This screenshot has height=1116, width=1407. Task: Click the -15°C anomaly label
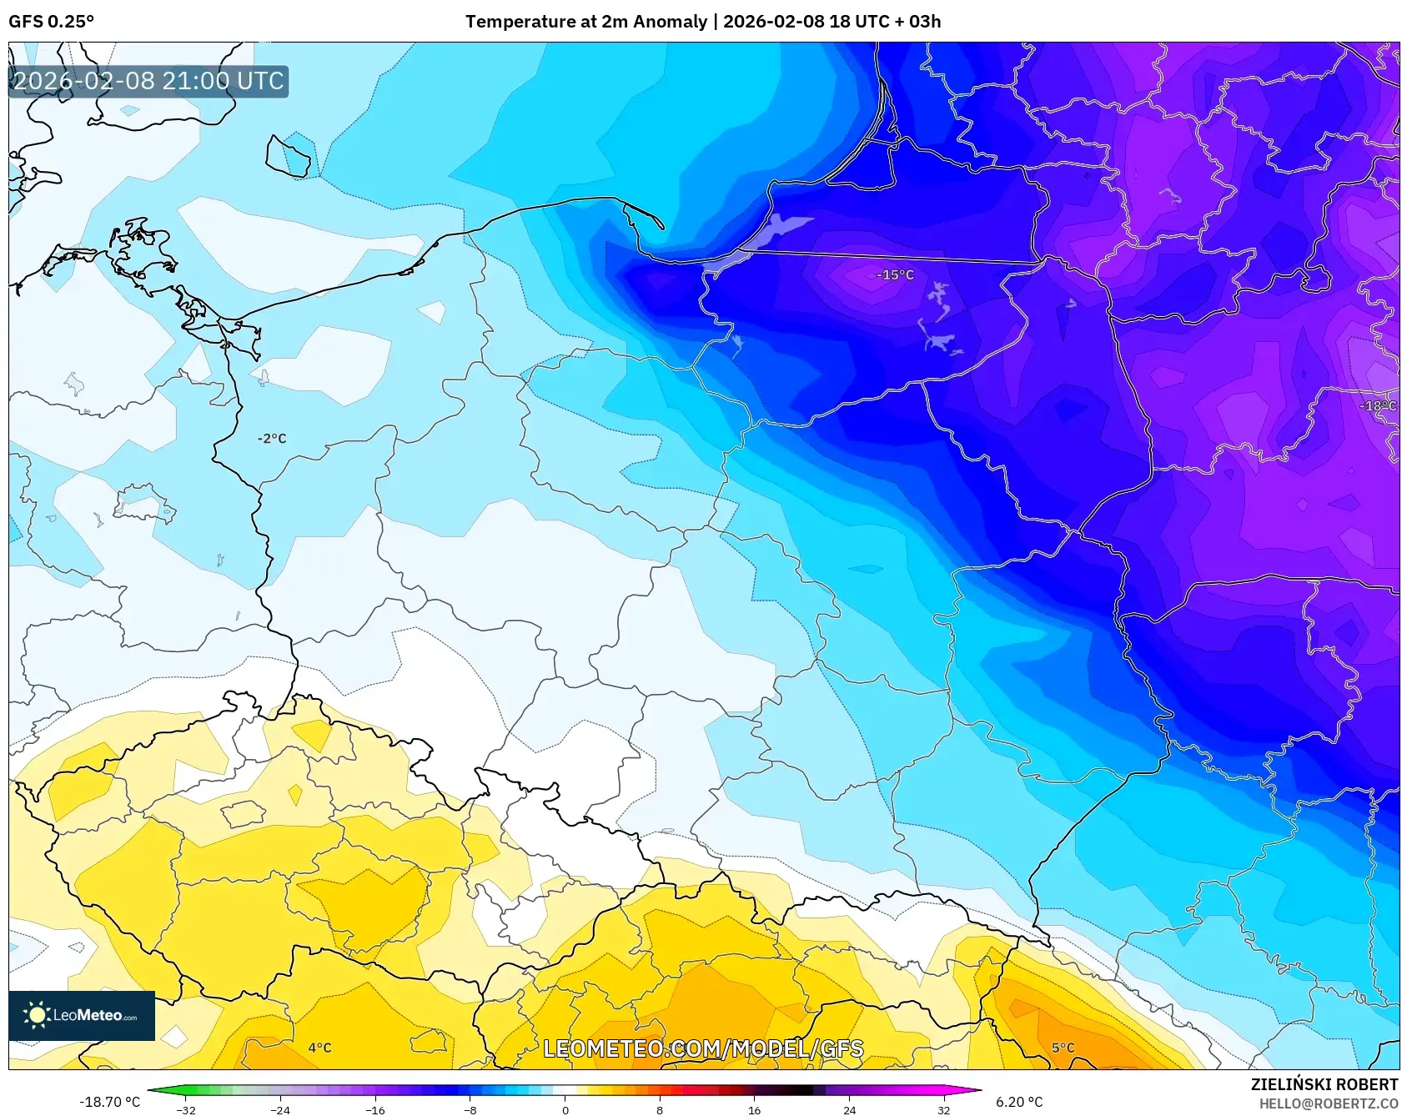click(895, 274)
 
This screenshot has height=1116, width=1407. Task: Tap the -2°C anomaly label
click(272, 438)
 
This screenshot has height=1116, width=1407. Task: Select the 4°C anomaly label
click(319, 1048)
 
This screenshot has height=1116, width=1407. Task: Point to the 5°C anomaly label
click(1063, 1048)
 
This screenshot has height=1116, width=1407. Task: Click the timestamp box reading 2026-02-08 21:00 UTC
click(148, 81)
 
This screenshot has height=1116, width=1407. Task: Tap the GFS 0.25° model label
click(51, 22)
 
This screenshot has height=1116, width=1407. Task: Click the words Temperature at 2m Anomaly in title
click(585, 22)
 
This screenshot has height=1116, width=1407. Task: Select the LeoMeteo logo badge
click(82, 1015)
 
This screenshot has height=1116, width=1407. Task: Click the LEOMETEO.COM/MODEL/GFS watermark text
click(703, 1048)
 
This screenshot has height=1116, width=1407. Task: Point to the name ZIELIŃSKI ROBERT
click(1324, 1084)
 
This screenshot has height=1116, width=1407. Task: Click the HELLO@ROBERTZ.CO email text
click(1328, 1103)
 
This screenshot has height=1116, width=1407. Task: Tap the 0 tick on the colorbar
click(565, 1109)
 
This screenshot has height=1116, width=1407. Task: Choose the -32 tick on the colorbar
click(186, 1109)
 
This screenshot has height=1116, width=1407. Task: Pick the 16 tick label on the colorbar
click(754, 1109)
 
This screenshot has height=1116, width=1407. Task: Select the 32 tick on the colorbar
click(943, 1109)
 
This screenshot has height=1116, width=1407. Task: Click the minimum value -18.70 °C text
click(109, 1102)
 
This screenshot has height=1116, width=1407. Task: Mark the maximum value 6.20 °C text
click(1019, 1102)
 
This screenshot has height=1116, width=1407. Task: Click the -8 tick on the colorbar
click(470, 1109)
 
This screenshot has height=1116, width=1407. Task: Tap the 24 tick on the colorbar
click(849, 1109)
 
